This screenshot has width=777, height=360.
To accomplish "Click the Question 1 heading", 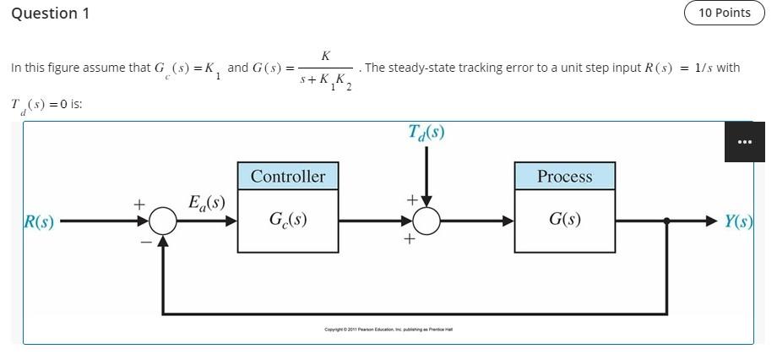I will point(50,14).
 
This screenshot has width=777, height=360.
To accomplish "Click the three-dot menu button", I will point(744,142).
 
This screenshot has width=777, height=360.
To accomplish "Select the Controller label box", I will point(288,177).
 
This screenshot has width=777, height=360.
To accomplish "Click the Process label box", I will point(565,177).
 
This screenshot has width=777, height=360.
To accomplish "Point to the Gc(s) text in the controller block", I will point(288,220).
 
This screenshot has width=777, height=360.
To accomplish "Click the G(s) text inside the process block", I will point(565,220).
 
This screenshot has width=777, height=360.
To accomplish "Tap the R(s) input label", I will point(39,222).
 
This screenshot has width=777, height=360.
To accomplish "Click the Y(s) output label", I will point(738,221).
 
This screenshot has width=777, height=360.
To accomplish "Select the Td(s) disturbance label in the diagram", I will point(427,133).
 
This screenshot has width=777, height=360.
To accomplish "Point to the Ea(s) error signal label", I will point(206,203).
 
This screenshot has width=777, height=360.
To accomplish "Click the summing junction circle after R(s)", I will point(163,221).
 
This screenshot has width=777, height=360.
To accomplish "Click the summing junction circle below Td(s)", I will point(427,221).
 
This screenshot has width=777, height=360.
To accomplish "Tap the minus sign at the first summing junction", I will point(145,242).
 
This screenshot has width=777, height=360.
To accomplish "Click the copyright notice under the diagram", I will point(388,330).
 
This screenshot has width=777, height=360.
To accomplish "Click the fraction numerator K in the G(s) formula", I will point(326,56).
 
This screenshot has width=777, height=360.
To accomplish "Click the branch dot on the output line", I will point(667,221).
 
